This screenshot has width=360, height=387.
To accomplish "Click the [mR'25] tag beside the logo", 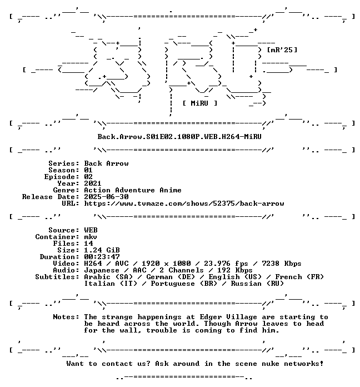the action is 282,50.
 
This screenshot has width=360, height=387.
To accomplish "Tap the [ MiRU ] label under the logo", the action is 200,103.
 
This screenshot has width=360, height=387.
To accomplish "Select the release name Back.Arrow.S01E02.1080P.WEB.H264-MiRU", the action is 179,136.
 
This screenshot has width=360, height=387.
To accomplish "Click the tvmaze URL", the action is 184,204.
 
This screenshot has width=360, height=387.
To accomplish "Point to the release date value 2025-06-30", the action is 106,197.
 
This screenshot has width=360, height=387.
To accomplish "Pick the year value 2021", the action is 93,183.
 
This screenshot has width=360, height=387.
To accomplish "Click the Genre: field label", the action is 66,190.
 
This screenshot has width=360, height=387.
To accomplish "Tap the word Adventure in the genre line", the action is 135,190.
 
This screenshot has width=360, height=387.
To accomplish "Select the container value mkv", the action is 91,237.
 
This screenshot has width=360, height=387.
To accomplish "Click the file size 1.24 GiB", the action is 102,250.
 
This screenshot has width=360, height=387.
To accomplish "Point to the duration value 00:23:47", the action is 102,257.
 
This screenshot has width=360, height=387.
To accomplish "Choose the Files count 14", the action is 88,244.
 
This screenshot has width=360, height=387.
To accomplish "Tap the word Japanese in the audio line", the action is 102,270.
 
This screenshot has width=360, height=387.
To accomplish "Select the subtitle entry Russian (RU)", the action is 257,284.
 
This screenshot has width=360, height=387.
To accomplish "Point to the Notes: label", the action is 66,316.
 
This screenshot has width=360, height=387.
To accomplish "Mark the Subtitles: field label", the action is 57,277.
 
